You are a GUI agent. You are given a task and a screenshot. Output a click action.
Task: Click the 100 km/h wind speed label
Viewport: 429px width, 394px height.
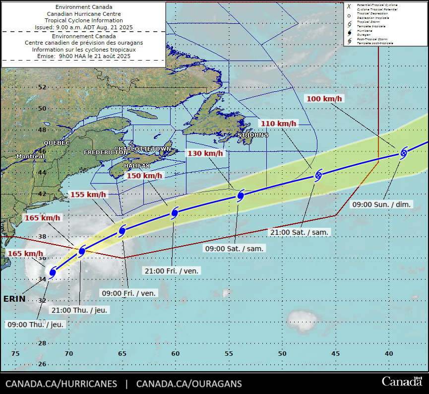point(324,99)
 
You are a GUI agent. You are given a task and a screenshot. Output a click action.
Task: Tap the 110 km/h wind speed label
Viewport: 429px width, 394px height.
point(278,124)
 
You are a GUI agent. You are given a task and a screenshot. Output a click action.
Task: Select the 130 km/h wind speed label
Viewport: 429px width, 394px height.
point(205,153)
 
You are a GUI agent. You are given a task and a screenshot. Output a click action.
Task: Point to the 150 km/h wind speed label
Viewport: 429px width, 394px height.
point(144,176)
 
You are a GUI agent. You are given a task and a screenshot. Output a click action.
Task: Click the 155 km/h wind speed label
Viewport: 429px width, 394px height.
point(88,195)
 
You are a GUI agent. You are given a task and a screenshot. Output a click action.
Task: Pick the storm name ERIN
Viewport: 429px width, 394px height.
point(14,299)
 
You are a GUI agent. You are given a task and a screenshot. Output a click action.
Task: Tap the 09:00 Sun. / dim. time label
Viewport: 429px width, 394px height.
point(382,204)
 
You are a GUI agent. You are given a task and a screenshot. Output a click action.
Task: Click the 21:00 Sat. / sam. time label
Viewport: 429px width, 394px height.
point(300,232)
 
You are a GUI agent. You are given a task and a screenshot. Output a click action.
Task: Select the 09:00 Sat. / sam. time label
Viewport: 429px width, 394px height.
point(235,248)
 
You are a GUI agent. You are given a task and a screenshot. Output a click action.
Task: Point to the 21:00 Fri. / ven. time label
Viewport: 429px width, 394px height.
point(172,271)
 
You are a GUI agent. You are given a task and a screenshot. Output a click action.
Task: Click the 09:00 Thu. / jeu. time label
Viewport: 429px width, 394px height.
point(36,324)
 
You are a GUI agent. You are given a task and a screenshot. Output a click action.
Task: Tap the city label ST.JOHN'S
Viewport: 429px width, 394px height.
point(253,135)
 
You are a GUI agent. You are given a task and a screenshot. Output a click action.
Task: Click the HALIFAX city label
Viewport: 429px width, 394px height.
point(137,165)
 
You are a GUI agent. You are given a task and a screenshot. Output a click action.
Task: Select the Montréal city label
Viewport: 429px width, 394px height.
point(30,156)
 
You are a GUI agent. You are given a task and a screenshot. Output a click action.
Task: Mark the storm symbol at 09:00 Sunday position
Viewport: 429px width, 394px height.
point(404,153)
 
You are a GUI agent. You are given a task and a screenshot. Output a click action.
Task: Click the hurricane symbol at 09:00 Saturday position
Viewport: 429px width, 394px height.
point(241,196)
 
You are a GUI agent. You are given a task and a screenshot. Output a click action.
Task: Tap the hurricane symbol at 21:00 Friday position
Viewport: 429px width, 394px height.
point(175,213)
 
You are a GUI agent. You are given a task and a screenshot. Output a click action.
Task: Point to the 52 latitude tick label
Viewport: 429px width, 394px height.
point(42,87)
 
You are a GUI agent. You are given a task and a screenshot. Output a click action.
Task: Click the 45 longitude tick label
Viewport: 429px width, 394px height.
point(336,353)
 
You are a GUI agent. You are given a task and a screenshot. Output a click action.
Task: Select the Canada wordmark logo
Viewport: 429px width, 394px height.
point(401,382)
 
